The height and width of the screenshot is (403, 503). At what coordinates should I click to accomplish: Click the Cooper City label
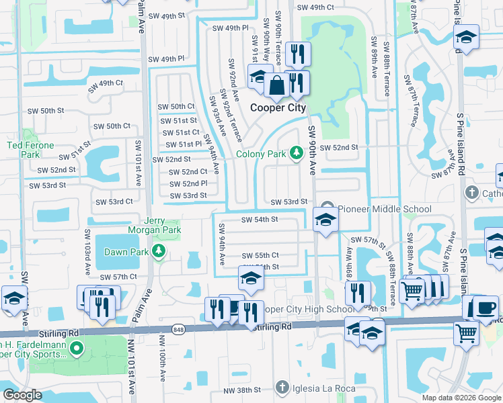[x=278, y=107]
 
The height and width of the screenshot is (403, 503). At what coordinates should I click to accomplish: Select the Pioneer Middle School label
[x=384, y=209]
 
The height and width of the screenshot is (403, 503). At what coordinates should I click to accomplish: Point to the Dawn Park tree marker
[x=159, y=252]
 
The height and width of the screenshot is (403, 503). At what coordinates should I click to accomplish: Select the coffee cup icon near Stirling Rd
[x=487, y=308]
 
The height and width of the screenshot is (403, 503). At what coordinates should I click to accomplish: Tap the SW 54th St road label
[x=259, y=219]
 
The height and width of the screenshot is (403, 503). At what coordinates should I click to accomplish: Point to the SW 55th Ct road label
[x=260, y=255]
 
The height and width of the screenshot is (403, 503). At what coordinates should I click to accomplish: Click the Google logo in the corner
[x=22, y=395]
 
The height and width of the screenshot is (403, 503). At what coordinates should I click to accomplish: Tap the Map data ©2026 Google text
[x=461, y=398]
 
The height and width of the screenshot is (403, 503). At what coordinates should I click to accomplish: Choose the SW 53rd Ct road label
[x=114, y=201]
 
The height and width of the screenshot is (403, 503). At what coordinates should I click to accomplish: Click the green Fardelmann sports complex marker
[x=77, y=349]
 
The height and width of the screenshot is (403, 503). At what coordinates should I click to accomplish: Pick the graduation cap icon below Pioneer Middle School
[x=325, y=220]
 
